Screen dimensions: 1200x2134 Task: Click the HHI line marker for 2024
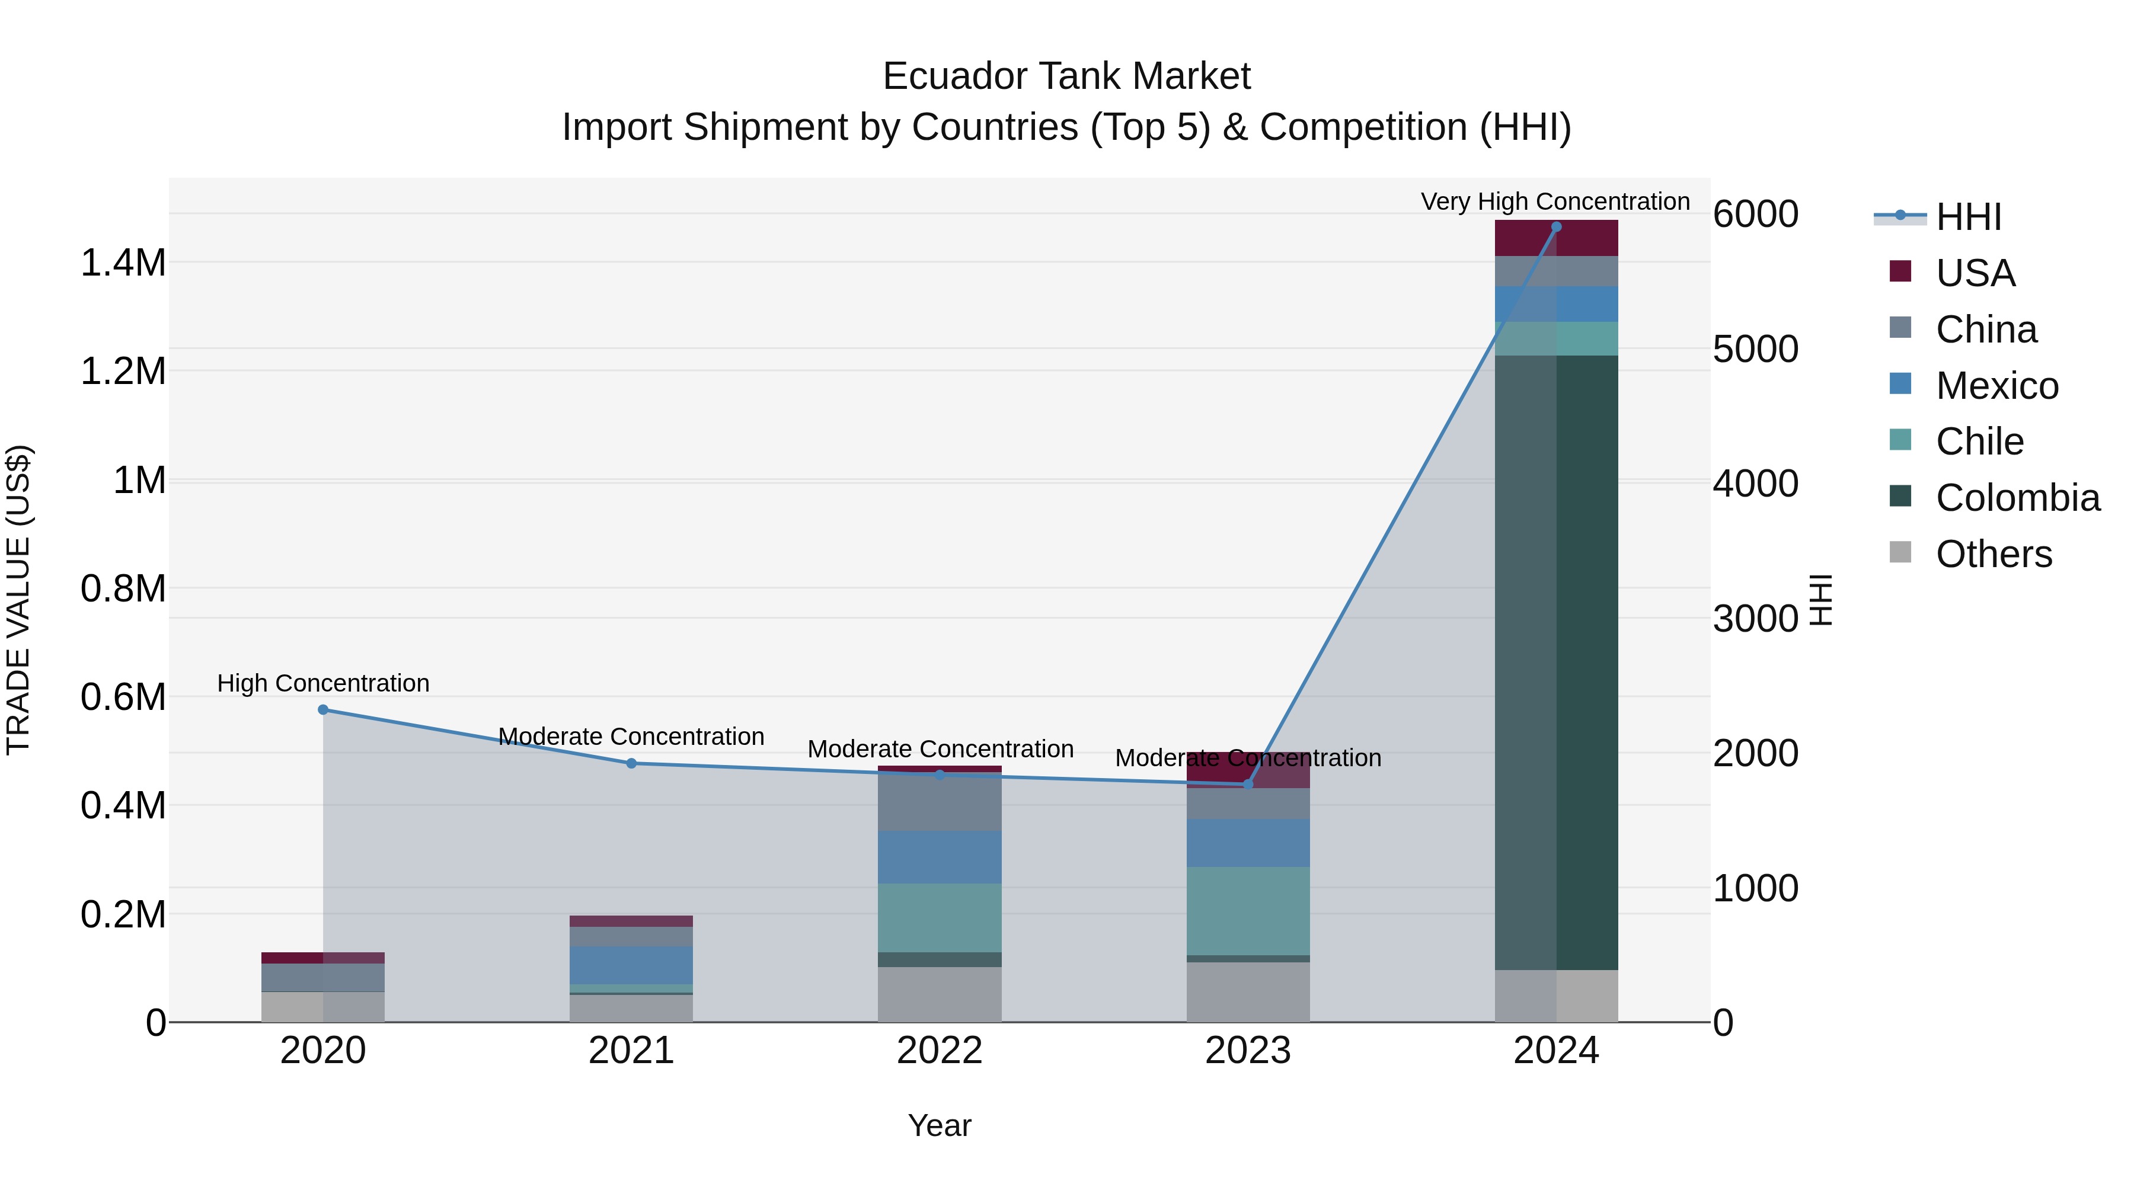(x=1556, y=227)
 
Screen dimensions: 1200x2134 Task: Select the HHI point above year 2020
(x=323, y=710)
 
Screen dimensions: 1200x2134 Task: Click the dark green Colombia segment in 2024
(x=1556, y=663)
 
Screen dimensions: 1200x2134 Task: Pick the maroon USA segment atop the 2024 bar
(x=1556, y=238)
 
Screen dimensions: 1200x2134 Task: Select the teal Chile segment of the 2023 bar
(x=1248, y=911)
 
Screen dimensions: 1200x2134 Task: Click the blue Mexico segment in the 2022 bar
(x=940, y=857)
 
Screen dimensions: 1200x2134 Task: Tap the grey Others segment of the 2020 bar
(x=323, y=1007)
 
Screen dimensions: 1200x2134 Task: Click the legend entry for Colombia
(x=2017, y=498)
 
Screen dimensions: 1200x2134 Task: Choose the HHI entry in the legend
(x=1967, y=217)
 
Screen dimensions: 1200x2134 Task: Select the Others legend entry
(x=1992, y=554)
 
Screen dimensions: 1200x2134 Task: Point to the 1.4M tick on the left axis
(x=123, y=263)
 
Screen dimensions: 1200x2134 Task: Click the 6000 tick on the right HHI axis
(x=1755, y=215)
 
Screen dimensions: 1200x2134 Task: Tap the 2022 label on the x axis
(x=940, y=1051)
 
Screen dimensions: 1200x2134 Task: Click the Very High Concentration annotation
(x=1555, y=201)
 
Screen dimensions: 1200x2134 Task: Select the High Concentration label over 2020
(x=323, y=683)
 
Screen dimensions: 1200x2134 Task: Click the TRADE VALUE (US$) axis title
(x=18, y=600)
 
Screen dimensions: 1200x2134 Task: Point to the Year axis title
(x=940, y=1125)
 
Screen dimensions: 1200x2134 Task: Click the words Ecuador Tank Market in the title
(x=1066, y=76)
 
